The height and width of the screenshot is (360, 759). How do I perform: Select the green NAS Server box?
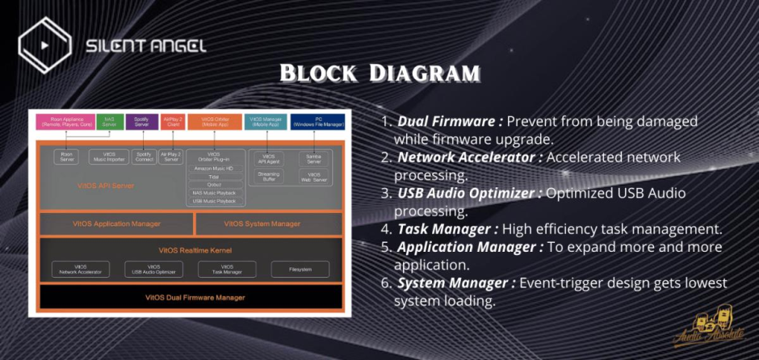coord(109,122)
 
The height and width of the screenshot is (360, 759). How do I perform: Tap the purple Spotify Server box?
coord(141,122)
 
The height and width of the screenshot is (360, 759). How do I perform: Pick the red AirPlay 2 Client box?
coord(172,122)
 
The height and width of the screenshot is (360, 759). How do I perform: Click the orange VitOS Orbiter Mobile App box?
coord(214,122)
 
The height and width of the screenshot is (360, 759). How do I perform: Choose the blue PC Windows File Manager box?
coord(317,122)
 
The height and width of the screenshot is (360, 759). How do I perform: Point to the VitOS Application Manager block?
coord(116,223)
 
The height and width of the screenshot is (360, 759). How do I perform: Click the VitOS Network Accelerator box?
coord(78,269)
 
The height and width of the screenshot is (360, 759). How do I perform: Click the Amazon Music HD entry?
coord(214,168)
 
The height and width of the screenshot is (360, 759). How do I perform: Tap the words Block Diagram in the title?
coord(379,74)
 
